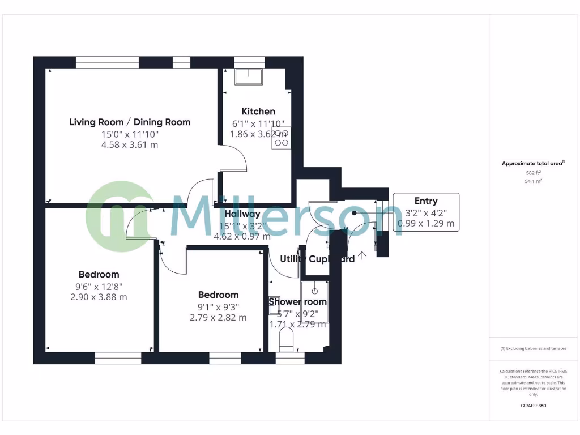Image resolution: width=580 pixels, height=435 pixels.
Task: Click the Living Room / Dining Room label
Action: pyautogui.click(x=130, y=122)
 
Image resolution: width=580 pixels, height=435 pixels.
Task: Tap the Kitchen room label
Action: pyautogui.click(x=258, y=111)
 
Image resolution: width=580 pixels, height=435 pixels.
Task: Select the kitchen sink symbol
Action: pyautogui.click(x=249, y=76)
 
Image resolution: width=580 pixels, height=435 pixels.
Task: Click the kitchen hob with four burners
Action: pyautogui.click(x=282, y=138)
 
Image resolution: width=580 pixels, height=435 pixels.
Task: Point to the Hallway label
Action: pyautogui.click(x=242, y=214)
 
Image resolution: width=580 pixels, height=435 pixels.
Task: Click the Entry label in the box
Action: pyautogui.click(x=426, y=201)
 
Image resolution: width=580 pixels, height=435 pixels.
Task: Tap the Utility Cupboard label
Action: pyautogui.click(x=317, y=259)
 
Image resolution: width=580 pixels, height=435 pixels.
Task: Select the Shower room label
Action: pyautogui.click(x=297, y=301)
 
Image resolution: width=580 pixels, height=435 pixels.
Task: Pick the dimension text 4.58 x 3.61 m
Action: pyautogui.click(x=130, y=145)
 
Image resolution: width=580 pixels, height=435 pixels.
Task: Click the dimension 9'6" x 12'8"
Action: pyautogui.click(x=99, y=286)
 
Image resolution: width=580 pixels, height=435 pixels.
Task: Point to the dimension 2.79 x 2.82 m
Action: pyautogui.click(x=218, y=318)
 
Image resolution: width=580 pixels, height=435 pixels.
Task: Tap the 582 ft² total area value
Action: pyautogui.click(x=533, y=173)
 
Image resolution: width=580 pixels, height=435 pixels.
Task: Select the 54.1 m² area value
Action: pyautogui.click(x=533, y=181)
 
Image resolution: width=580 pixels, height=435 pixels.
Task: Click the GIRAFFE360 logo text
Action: pyautogui.click(x=533, y=406)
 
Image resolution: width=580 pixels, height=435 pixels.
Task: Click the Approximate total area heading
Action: pyautogui.click(x=533, y=164)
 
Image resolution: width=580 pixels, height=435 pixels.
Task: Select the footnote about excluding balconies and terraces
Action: pyautogui.click(x=533, y=348)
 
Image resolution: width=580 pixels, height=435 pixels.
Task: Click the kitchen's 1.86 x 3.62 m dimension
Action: pyautogui.click(x=258, y=134)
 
